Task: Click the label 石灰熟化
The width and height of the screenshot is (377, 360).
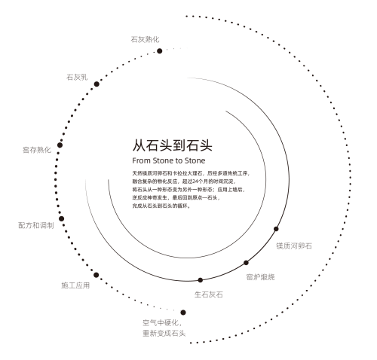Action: coord(145,39)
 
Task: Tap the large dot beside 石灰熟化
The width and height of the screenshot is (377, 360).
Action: coord(159,51)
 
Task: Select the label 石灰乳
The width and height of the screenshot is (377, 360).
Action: coord(77,77)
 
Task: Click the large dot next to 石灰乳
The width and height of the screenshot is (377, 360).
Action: coord(97,84)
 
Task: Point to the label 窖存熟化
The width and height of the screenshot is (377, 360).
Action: coord(37,150)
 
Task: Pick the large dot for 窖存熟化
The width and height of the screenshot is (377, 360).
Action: coord(60,145)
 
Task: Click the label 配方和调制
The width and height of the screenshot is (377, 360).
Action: coord(36,225)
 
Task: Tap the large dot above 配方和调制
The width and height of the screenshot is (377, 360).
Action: coord(61,218)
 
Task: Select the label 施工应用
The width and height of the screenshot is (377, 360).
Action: coord(75,285)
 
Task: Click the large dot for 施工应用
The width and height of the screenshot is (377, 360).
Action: coord(96,275)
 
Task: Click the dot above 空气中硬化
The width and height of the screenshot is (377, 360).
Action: coord(183,313)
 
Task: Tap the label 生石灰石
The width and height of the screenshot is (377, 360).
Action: coord(209,294)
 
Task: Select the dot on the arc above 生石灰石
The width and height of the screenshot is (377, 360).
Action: coord(201,280)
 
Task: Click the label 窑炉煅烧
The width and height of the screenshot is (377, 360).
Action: coord(260,277)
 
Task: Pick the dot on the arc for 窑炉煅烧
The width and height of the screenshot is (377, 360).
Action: coord(246,263)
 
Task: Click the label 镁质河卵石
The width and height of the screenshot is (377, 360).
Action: coord(294,246)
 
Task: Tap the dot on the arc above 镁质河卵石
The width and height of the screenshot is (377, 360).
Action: coord(276,229)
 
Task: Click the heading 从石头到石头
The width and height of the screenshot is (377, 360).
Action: coord(173,145)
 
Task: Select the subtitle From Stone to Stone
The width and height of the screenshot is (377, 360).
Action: coord(169,160)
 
